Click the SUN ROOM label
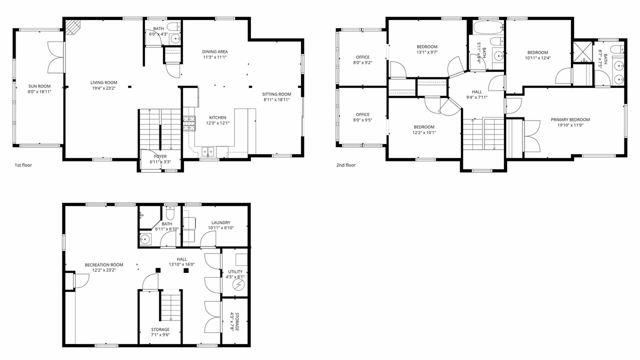(39, 86)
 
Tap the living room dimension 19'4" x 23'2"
(103, 88)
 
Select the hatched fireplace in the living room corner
(73, 27)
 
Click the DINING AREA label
(215, 51)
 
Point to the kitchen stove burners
(189, 123)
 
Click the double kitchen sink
(208, 151)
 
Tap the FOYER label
(160, 156)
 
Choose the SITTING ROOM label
(276, 94)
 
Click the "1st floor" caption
(23, 165)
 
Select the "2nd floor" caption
(346, 165)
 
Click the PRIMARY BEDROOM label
(570, 119)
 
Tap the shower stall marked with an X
(583, 51)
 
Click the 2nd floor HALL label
(477, 92)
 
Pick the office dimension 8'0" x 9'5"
(362, 120)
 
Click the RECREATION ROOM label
(104, 265)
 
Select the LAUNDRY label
(221, 222)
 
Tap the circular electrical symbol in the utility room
(239, 285)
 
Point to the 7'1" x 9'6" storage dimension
(160, 335)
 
